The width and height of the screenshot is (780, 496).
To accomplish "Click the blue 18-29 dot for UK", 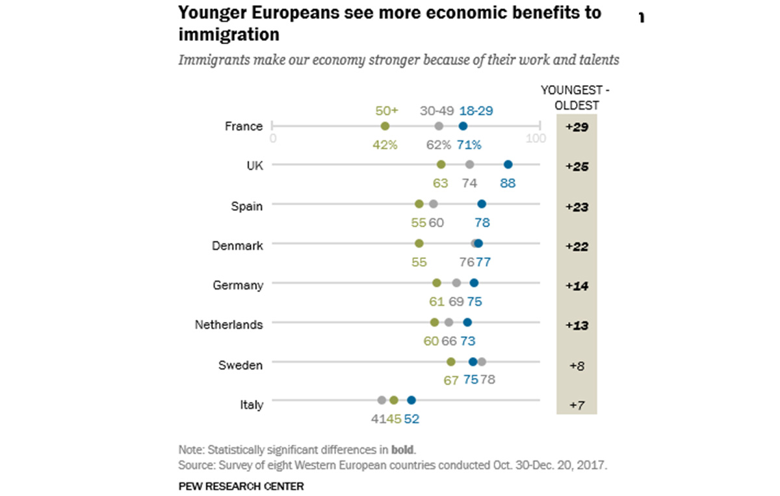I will click(x=508, y=165).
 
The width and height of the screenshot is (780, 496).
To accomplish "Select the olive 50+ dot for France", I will click(x=385, y=126).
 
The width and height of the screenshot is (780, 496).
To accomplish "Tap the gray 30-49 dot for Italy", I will click(x=382, y=401).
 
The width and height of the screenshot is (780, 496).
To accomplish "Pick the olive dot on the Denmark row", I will click(x=419, y=244).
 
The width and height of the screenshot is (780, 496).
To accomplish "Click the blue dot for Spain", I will click(x=482, y=205).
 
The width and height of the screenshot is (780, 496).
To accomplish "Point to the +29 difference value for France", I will click(x=577, y=127).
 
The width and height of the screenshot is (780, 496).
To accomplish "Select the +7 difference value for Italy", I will click(x=577, y=405).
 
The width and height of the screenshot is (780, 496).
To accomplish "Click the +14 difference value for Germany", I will click(x=577, y=286).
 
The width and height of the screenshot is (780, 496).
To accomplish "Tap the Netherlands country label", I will click(x=229, y=325).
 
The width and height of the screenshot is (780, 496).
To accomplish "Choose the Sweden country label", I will click(x=240, y=365).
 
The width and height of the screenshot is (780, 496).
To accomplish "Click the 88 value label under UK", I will click(x=508, y=183).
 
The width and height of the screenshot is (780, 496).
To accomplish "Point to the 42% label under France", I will click(x=385, y=145).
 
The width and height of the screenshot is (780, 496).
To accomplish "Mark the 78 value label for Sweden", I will click(x=487, y=380).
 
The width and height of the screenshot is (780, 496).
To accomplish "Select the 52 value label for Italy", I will click(x=411, y=419).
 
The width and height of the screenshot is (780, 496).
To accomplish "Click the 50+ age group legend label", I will click(x=385, y=111).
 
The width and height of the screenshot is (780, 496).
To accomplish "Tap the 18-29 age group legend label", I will click(x=476, y=111).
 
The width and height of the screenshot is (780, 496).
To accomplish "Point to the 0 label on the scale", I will click(x=273, y=138).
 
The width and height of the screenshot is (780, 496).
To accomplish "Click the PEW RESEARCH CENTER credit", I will click(x=241, y=486).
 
